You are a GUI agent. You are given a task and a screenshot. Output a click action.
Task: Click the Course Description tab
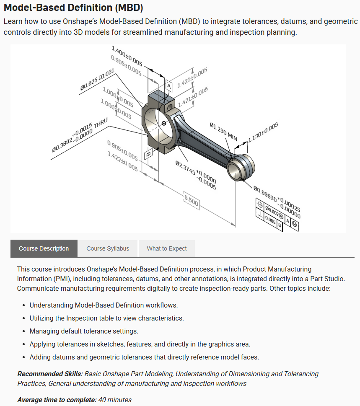pyautogui.click(x=44, y=248)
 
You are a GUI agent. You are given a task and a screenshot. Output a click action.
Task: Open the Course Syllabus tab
pyautogui.click(x=108, y=248)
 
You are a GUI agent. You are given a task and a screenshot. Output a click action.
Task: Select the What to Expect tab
pyautogui.click(x=166, y=248)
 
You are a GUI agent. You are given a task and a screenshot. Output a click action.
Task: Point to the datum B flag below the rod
pyautogui.click(x=148, y=154)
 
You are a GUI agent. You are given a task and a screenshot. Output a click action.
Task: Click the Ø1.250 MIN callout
pyautogui.click(x=223, y=132)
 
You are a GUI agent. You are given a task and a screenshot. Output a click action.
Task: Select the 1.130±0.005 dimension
pyautogui.click(x=263, y=132)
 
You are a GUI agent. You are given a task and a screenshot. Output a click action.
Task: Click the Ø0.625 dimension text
pyautogui.click(x=97, y=79)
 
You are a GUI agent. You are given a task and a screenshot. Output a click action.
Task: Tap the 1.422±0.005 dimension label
pyautogui.click(x=122, y=161)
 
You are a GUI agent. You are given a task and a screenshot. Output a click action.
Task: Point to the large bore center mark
pyautogui.click(x=164, y=123)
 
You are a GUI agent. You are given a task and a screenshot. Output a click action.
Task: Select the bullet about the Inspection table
pyautogui.click(x=106, y=318)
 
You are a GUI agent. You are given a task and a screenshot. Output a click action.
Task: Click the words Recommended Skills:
pyautogui.click(x=50, y=374)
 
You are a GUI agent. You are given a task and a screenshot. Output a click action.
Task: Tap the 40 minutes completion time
pyautogui.click(x=115, y=400)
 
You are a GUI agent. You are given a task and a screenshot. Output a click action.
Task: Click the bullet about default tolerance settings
pyautogui.click(x=83, y=331)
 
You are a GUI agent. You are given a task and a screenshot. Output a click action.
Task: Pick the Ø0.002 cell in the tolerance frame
pyautogui.click(x=275, y=212)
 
